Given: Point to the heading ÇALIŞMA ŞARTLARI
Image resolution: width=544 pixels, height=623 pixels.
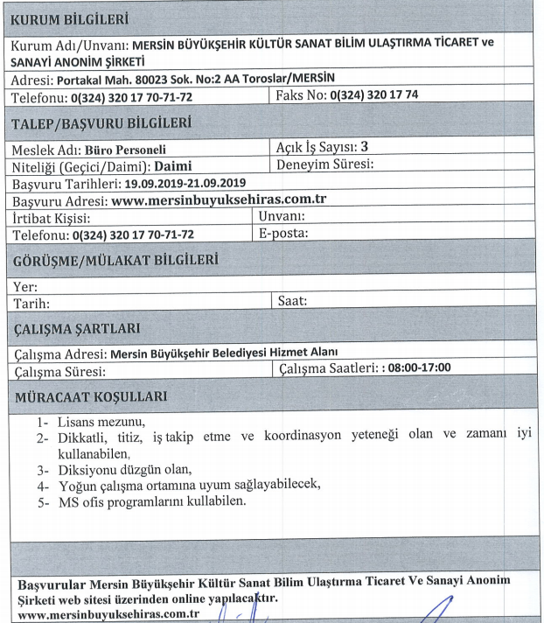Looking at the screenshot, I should tap(79, 328).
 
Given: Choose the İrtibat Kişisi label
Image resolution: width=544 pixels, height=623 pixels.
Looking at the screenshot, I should tap(52, 217).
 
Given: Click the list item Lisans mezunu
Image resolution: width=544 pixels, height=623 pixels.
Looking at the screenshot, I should tap(101, 423).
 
